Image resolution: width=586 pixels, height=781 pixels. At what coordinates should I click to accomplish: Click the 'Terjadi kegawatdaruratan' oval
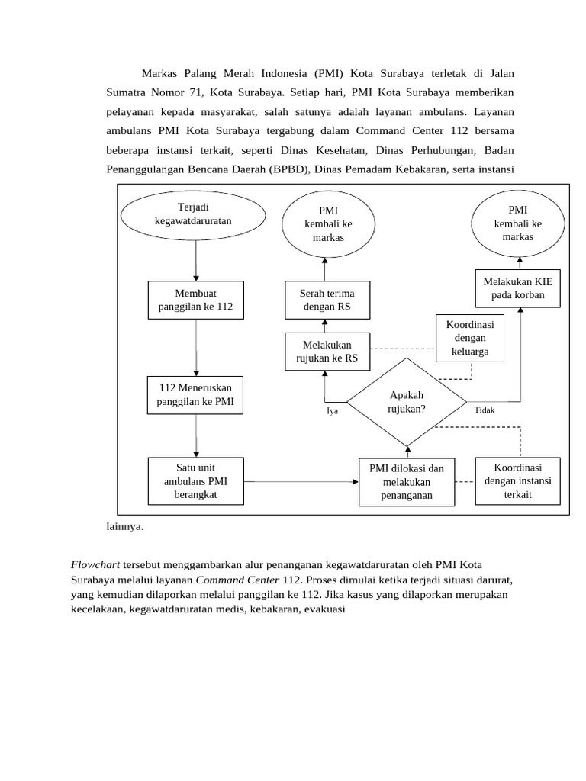click(x=193, y=214)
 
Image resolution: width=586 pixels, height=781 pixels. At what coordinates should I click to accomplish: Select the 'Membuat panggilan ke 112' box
click(x=195, y=300)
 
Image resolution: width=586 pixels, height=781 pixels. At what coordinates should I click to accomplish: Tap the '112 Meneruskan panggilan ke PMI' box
click(x=195, y=394)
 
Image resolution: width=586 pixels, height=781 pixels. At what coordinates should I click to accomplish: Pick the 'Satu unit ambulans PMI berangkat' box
click(x=195, y=481)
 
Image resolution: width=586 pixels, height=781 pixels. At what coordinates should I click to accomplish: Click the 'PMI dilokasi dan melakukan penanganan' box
click(x=407, y=481)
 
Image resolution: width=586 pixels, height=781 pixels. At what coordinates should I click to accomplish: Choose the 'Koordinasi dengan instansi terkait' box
click(x=517, y=480)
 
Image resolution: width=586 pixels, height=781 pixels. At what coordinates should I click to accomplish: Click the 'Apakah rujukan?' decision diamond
click(x=407, y=401)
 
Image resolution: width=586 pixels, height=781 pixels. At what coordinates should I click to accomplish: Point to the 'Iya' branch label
click(x=332, y=410)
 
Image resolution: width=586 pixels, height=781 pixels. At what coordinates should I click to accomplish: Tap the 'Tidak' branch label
click(x=485, y=410)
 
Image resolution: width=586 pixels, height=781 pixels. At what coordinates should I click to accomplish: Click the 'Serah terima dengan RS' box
click(x=325, y=300)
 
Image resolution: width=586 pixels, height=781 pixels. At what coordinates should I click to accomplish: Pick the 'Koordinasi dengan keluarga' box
click(x=470, y=338)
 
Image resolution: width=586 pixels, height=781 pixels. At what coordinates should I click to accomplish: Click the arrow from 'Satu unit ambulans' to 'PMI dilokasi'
click(x=301, y=481)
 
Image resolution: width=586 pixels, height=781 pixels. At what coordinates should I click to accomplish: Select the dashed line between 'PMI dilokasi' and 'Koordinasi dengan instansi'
click(x=464, y=481)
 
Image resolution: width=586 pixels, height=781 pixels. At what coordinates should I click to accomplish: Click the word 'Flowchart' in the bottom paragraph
click(x=95, y=565)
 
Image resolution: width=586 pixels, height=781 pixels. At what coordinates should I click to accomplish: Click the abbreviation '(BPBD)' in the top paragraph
click(x=288, y=169)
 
